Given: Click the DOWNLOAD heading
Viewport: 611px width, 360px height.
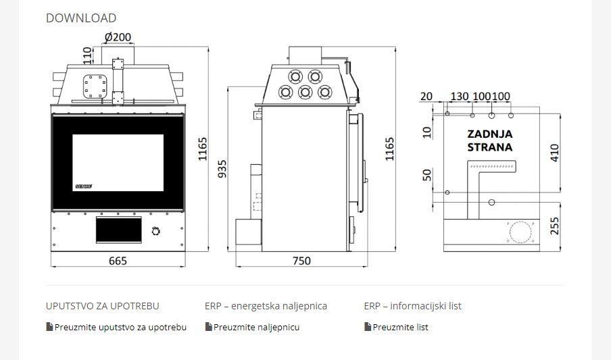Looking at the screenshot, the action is coord(81,18).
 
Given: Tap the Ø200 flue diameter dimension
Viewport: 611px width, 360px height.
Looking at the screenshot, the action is coord(118,37).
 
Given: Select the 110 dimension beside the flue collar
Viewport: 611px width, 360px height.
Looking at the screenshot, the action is coord(88,55).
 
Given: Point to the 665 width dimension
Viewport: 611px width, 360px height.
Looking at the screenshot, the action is coord(118,261).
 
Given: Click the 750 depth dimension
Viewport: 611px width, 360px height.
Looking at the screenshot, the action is coord(301,261).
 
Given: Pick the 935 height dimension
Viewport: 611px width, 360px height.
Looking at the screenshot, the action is coord(222,169).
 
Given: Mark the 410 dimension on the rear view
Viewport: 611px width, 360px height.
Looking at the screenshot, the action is coord(554,153).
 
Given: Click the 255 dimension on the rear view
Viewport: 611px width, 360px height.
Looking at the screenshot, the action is coord(554,226).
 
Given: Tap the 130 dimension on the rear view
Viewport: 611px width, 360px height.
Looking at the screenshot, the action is coord(460,96).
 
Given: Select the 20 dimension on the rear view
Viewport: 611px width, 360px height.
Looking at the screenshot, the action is coord(426,96).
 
